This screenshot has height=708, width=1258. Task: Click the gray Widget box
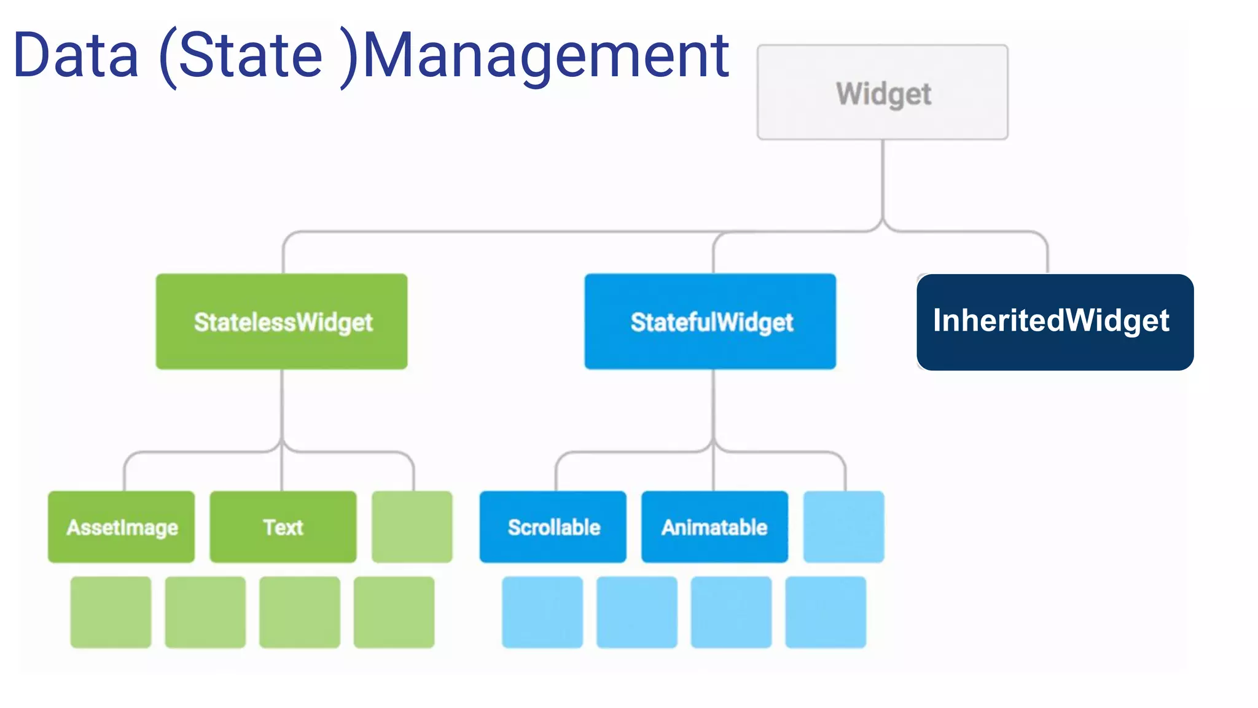click(882, 93)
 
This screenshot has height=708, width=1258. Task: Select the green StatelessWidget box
click(282, 321)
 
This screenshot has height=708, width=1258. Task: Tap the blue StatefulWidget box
click(710, 321)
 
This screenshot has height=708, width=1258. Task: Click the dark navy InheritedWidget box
click(1055, 322)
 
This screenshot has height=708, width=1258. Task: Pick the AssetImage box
click(122, 527)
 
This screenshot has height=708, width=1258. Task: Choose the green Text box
click(283, 527)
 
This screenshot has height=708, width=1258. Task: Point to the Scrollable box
click(553, 527)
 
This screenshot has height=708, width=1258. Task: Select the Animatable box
click(714, 527)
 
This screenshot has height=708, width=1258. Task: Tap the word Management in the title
click(545, 57)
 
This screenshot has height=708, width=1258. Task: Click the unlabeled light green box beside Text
click(412, 527)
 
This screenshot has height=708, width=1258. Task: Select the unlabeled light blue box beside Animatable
click(844, 527)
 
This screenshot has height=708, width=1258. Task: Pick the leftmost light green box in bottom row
click(111, 612)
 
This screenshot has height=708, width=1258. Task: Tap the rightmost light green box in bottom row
click(394, 612)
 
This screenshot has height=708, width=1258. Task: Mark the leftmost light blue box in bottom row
click(542, 612)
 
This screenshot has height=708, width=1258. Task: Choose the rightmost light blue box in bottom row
click(826, 612)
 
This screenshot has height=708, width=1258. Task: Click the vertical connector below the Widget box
click(883, 178)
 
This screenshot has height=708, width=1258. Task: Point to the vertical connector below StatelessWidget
click(282, 406)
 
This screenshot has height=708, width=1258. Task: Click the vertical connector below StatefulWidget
click(713, 406)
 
